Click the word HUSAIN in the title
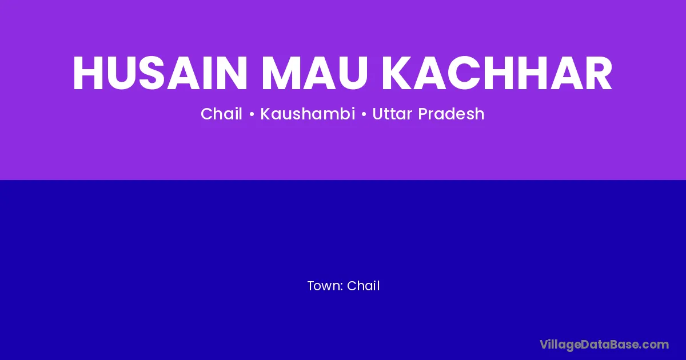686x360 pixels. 160,73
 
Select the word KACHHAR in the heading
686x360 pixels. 497,73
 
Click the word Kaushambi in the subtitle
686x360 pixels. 308,114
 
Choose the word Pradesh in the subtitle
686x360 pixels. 451,114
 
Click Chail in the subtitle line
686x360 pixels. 221,114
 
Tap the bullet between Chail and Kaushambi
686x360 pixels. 252,115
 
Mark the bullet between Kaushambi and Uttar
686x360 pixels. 364,115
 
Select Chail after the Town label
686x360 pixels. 363,286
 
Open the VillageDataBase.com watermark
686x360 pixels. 604,345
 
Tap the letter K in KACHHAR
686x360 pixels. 396,73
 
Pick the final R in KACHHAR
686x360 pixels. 599,73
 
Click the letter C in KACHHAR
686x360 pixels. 464,73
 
